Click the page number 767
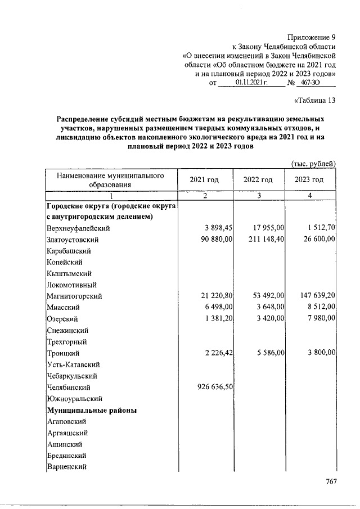[331, 481]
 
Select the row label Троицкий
[63, 353]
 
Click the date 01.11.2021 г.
[249, 83]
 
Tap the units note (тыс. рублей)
[314, 163]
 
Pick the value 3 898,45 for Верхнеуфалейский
[216, 228]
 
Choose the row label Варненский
[66, 467]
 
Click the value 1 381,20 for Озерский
[216, 319]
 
